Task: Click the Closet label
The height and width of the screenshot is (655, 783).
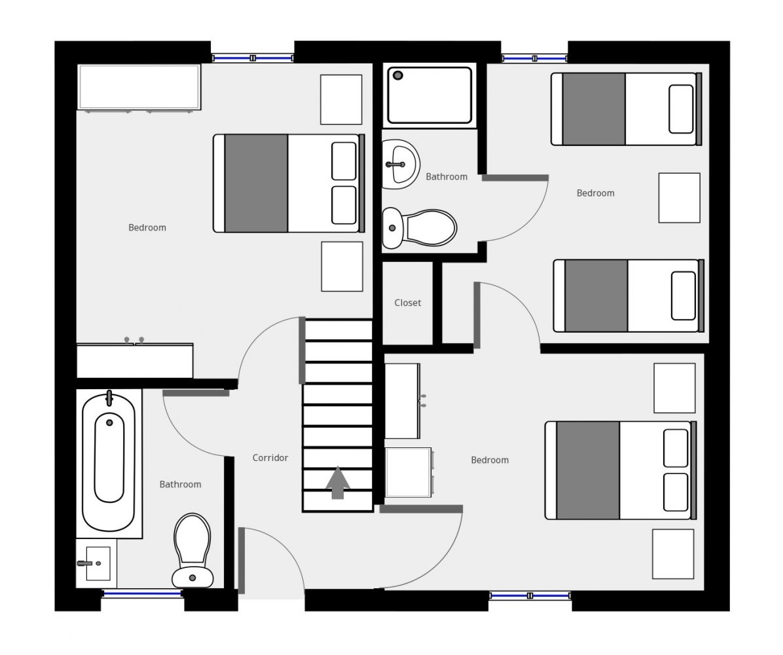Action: [407, 303]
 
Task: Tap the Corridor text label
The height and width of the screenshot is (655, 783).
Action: [270, 458]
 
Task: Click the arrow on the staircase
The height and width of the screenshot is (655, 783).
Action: [338, 483]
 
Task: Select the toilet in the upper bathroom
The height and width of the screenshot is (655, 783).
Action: [420, 229]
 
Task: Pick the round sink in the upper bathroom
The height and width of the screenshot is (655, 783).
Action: [401, 164]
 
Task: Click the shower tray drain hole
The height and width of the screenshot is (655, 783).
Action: [398, 75]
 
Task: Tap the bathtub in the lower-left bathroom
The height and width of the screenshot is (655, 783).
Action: [109, 462]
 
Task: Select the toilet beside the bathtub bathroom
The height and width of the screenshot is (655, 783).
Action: [192, 551]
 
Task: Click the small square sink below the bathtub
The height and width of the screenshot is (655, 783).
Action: [97, 563]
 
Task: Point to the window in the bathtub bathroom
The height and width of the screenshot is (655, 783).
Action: [142, 593]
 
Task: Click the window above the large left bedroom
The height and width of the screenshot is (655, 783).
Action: [253, 58]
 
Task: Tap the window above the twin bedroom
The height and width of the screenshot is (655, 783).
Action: [534, 58]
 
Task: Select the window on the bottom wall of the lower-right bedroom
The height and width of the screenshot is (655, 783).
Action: [530, 595]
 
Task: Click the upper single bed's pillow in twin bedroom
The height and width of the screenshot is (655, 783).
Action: [681, 109]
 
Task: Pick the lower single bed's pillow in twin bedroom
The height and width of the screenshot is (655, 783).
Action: [683, 296]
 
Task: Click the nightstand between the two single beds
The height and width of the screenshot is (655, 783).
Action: [679, 198]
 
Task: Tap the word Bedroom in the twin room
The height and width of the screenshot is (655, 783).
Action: [595, 193]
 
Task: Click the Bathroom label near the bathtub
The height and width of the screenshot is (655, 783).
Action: [180, 484]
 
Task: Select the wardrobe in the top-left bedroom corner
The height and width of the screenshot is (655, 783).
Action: [139, 87]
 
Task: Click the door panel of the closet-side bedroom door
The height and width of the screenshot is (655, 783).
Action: [477, 315]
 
